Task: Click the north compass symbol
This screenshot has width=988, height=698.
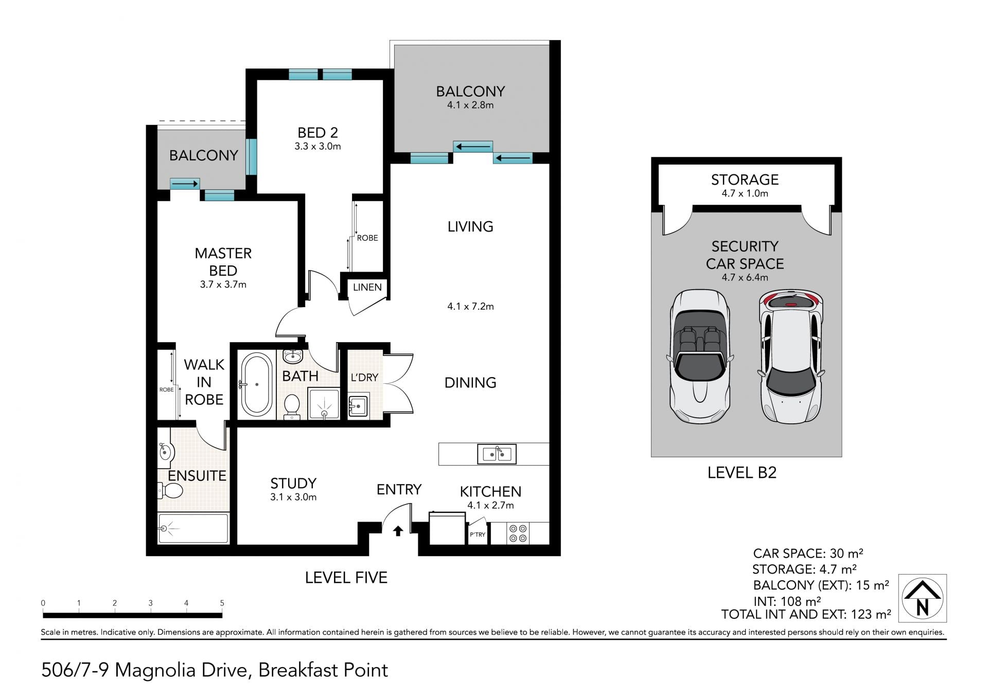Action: pos(922,598)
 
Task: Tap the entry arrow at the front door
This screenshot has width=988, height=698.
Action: pos(398,531)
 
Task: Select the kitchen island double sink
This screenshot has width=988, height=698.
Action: pos(497,454)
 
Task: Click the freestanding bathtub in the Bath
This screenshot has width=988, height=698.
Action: pos(257,384)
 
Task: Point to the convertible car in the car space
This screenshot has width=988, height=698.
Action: pos(700,356)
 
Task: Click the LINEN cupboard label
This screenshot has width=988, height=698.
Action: pos(367,287)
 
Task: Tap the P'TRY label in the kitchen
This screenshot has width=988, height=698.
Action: pos(478,534)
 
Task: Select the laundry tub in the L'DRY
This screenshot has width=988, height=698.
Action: pos(358,406)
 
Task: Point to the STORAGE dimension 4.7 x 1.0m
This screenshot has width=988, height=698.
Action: pos(745,193)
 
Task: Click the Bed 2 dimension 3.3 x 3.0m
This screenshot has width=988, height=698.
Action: pos(317,146)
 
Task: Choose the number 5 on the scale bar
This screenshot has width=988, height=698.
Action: pos(222,603)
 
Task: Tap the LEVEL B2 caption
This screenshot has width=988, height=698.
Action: pos(742,472)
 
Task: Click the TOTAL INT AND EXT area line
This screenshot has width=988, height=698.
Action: pos(806,614)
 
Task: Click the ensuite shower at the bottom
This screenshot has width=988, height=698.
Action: pos(193,528)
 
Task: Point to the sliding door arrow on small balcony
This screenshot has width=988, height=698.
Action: pos(185,184)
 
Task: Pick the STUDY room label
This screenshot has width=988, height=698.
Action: pos(293,483)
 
